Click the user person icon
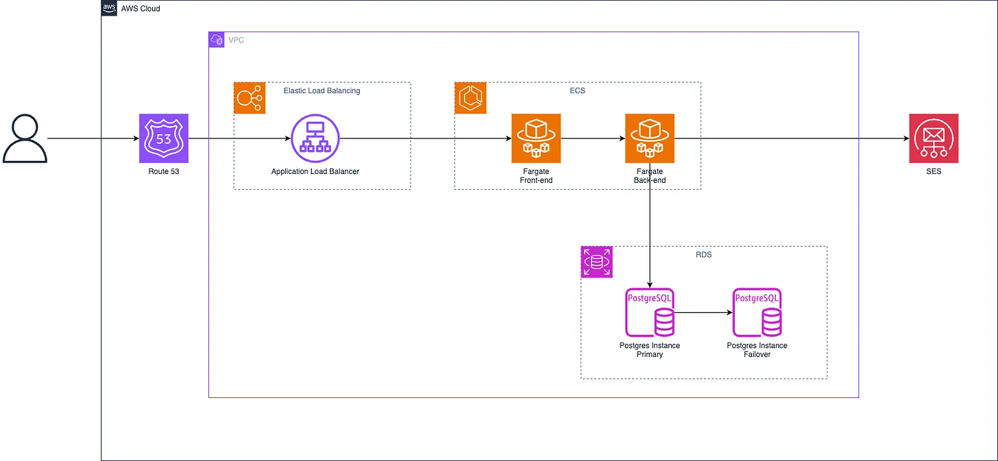(25, 139)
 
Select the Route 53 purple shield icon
(163, 138)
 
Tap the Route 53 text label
(163, 171)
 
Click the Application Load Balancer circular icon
(315, 138)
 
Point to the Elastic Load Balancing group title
(321, 90)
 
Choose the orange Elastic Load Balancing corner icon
(249, 98)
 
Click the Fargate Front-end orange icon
(536, 138)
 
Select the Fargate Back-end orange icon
(649, 138)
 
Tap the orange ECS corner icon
(471, 98)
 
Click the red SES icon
(934, 138)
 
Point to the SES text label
(934, 171)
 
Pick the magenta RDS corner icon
(596, 262)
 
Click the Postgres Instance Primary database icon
(650, 312)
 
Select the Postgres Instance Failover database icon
(757, 312)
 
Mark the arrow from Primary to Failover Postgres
(703, 312)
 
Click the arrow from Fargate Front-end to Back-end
(593, 138)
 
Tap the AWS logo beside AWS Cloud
(109, 8)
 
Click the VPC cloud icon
(217, 40)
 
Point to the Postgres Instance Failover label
(757, 350)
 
